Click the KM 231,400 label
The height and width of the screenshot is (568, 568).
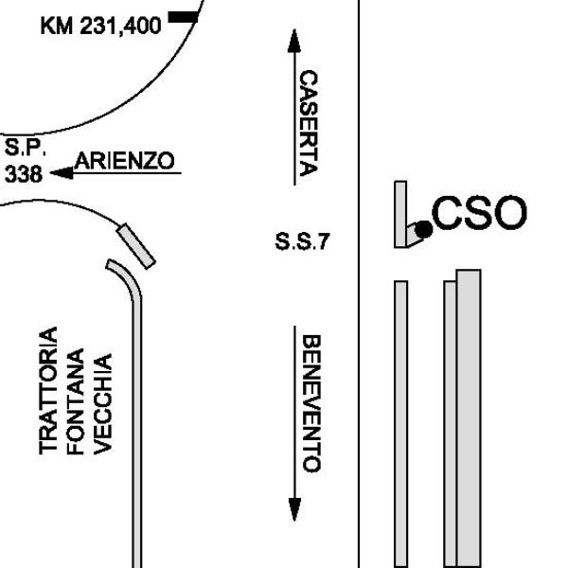point(100,26)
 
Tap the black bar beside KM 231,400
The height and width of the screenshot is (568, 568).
point(182,17)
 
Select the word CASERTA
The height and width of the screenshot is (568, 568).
point(309,123)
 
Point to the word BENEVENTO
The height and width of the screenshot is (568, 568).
point(310,402)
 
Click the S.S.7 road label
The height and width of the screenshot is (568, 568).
point(302,242)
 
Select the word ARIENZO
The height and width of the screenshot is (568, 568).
point(125,162)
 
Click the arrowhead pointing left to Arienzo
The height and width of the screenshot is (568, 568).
point(61,172)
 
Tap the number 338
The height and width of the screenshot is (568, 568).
point(23,174)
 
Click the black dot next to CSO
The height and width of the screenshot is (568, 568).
point(423,228)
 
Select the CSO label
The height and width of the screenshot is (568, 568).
point(479,213)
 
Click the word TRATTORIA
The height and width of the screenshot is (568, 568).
point(51,391)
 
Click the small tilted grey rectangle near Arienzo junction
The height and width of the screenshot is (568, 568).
point(135,245)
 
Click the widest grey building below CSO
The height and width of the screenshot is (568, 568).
point(468,417)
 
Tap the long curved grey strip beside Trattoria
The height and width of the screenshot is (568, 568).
point(137,417)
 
